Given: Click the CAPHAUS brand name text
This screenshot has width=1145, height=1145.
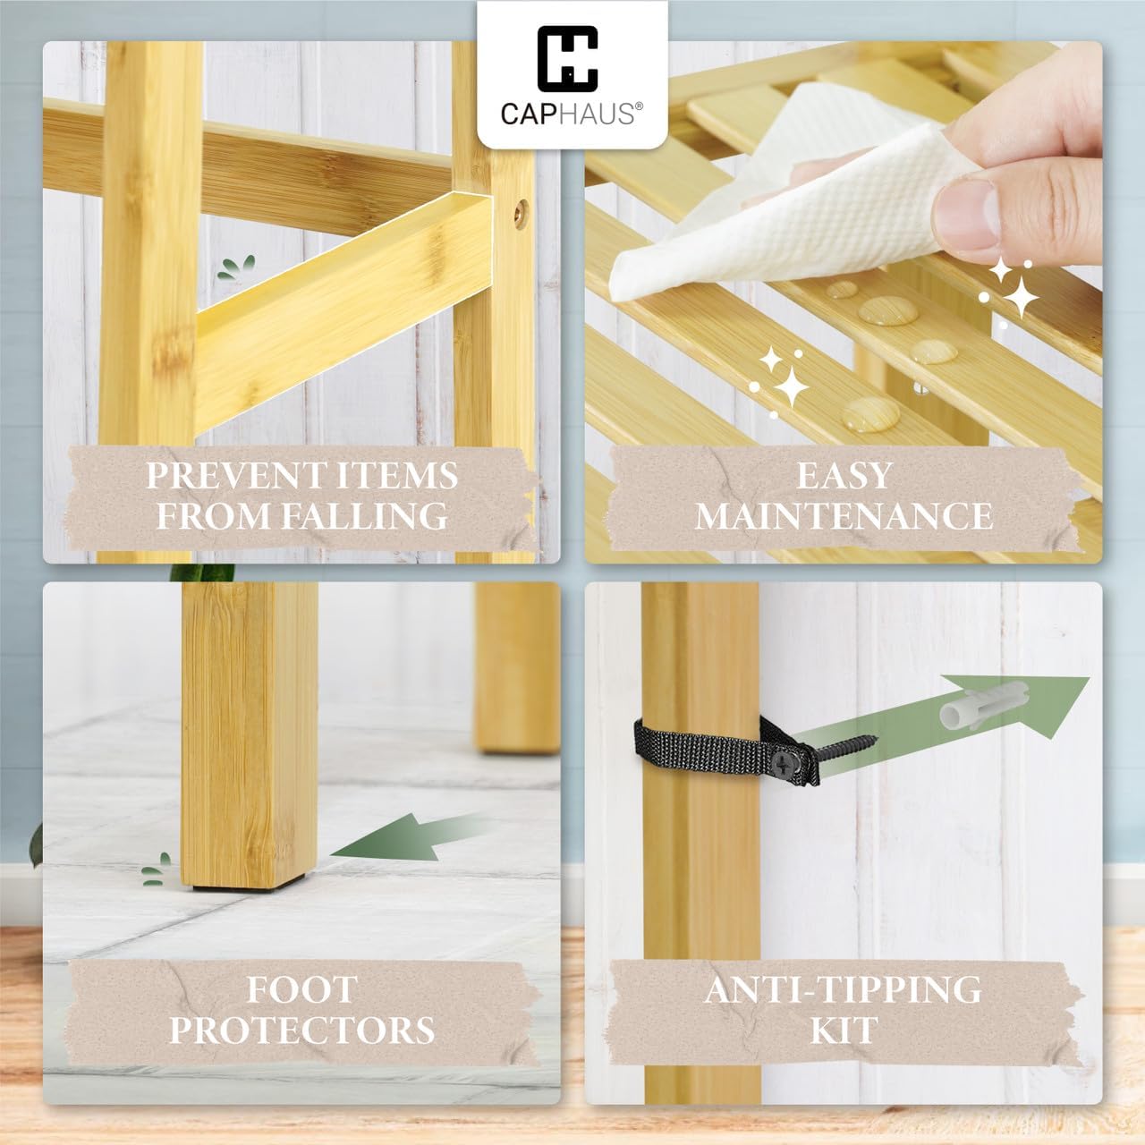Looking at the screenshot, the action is tap(572, 114).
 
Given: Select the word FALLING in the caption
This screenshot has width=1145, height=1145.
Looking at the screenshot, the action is tap(364, 516).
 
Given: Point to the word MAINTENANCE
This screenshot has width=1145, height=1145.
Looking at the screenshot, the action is tap(844, 516).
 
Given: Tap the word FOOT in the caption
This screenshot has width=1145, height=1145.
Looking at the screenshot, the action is tap(301, 990).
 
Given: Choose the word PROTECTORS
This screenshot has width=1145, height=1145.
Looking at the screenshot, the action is tap(301, 1030).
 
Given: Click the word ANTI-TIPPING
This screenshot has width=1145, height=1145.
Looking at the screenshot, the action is tap(843, 990).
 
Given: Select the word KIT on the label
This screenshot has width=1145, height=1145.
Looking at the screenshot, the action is tap(844, 1030).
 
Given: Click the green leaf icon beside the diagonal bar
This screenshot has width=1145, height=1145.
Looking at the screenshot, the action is tap(236, 267).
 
